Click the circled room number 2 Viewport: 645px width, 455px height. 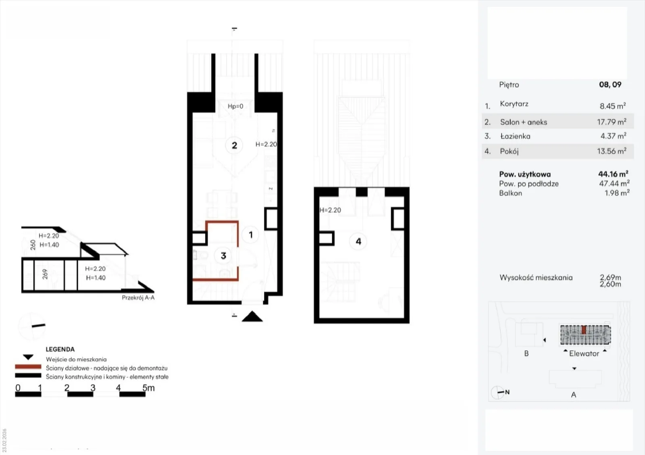[234, 145]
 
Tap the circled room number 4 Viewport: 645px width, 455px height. [358, 241]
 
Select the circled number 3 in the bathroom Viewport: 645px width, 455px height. [223, 256]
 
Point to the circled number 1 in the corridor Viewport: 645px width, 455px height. [250, 235]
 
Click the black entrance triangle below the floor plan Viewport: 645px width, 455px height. [252, 316]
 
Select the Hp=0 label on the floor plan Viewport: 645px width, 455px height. [235, 106]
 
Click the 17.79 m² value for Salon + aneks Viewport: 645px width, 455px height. [612, 122]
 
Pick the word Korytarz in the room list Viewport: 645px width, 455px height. [514, 104]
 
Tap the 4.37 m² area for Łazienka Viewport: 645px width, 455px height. [613, 136]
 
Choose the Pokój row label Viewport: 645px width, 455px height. [509, 151]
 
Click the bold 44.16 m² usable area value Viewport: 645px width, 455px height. [613, 174]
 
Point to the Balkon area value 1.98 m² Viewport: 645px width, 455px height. [617, 193]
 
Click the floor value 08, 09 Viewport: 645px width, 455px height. [610, 85]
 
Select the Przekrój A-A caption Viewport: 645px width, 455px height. [138, 297]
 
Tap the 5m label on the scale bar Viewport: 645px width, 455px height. [149, 388]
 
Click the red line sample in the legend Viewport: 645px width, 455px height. [28, 367]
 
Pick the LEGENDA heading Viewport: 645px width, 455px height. [60, 349]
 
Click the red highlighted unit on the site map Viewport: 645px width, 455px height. [584, 330]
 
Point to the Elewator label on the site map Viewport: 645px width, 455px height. [584, 353]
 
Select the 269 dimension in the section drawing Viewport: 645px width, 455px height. [45, 274]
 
